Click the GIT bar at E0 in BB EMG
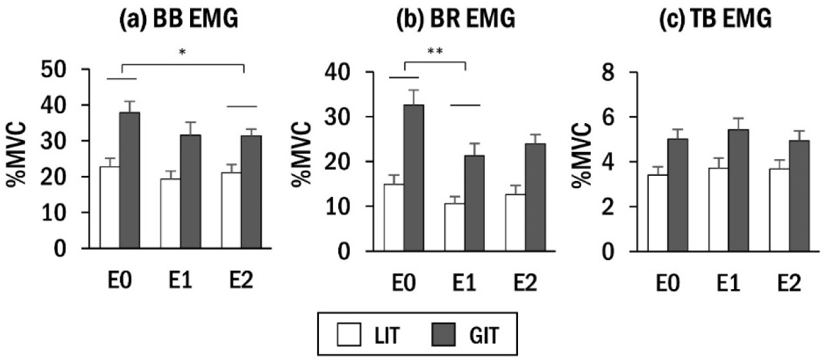pyautogui.click(x=129, y=180)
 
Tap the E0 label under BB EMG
pyautogui.click(x=120, y=281)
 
